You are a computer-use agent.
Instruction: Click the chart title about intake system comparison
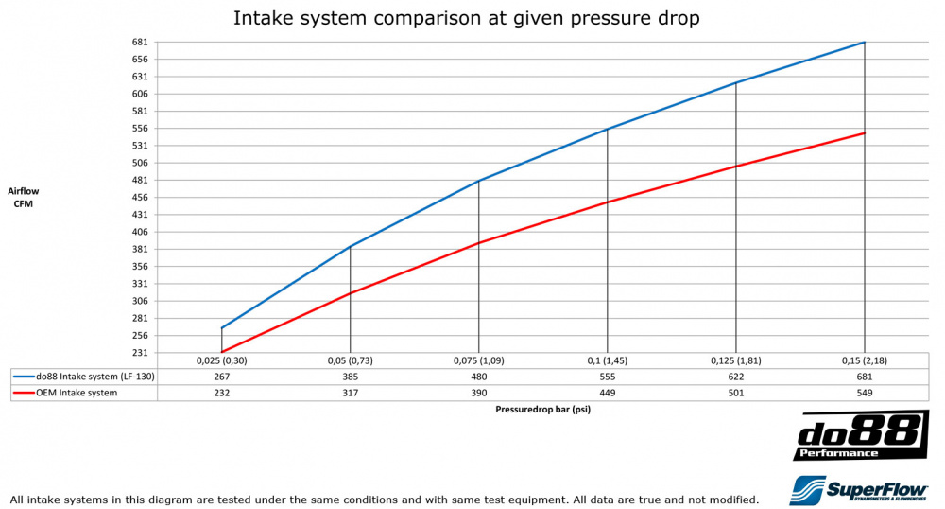(x=467, y=18)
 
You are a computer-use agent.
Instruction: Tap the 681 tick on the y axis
(x=140, y=43)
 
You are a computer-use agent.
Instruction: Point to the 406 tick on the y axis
(x=140, y=232)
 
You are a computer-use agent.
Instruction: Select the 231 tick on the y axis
(x=140, y=353)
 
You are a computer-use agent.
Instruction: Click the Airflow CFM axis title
(x=24, y=197)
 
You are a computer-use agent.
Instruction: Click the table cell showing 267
(x=221, y=377)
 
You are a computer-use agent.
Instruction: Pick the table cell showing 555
(x=608, y=377)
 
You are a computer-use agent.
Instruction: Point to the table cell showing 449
(x=608, y=393)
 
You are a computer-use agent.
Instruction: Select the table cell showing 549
(x=865, y=393)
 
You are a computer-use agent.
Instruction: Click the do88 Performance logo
(x=859, y=436)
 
